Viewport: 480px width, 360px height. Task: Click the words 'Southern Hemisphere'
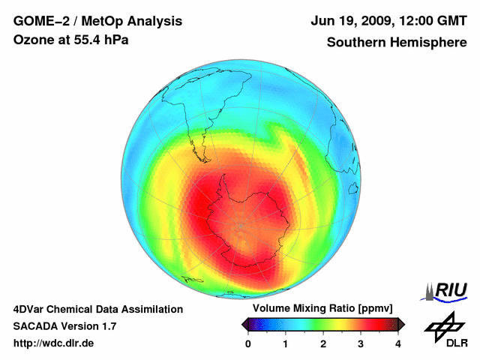tap(396, 43)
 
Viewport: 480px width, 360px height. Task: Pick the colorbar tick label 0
tap(248, 343)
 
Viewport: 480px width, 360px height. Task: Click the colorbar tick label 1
tap(286, 343)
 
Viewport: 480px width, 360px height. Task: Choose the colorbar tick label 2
tap(323, 343)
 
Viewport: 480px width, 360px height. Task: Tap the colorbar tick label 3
tap(361, 343)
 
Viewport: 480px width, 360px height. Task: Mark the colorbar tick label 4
tap(398, 343)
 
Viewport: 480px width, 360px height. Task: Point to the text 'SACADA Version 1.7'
tap(64, 326)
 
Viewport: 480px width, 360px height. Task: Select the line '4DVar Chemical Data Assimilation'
tap(98, 309)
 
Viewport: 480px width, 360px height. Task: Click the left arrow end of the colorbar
tap(245, 324)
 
